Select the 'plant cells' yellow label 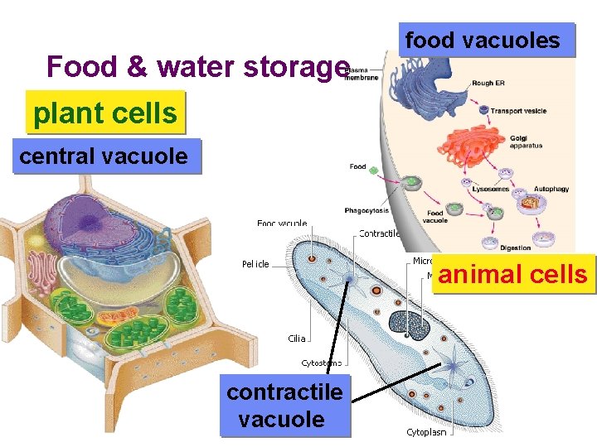[x=105, y=113]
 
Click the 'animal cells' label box [x=512, y=274]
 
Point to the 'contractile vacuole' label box [x=284, y=406]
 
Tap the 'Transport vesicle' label [x=518, y=111]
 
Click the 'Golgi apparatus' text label [x=525, y=142]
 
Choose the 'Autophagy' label [x=551, y=189]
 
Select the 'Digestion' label [x=516, y=248]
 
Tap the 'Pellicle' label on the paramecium [x=255, y=264]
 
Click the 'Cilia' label [x=297, y=338]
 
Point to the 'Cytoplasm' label [x=426, y=432]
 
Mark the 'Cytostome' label [x=321, y=363]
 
